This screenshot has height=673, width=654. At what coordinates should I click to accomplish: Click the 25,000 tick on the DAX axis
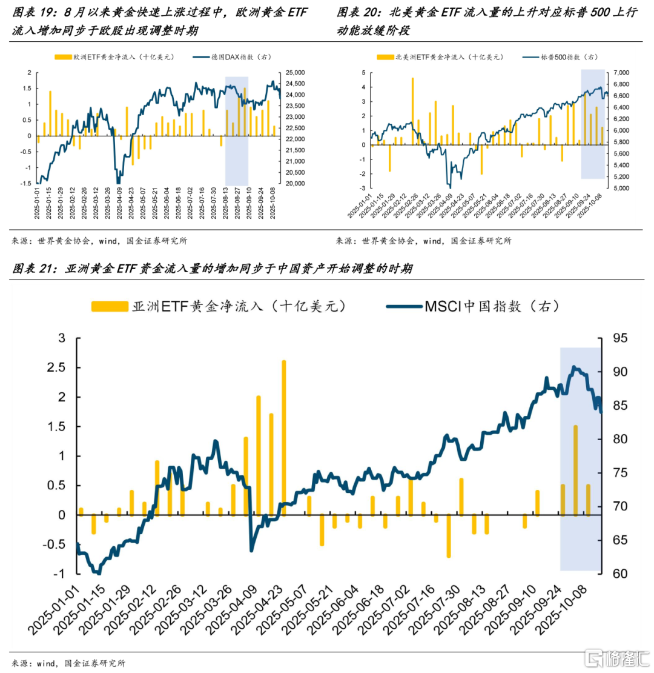296,72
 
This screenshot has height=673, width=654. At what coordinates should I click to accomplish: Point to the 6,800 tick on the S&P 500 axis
623,72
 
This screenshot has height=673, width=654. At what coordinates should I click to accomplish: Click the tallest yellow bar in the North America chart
412,111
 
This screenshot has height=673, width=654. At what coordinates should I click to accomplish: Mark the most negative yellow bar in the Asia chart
449,536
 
